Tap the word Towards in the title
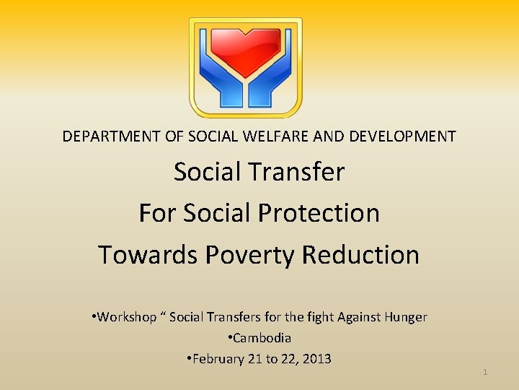click(148, 255)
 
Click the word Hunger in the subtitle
click(407, 317)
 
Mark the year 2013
click(316, 359)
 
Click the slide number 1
click(485, 372)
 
